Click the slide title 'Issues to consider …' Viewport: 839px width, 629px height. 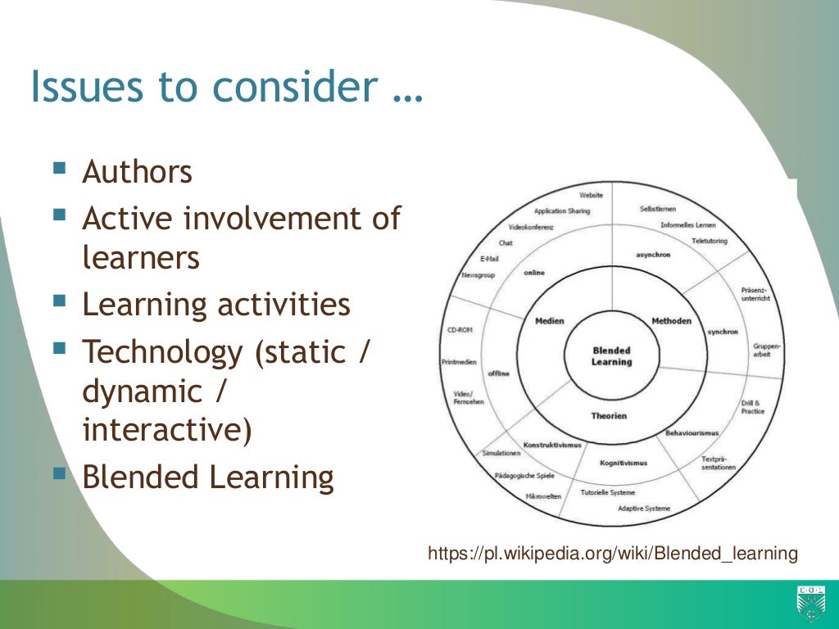click(227, 87)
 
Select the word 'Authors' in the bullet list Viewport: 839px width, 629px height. click(138, 173)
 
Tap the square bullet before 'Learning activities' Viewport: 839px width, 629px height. click(59, 301)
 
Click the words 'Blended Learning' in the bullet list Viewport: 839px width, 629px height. click(208, 477)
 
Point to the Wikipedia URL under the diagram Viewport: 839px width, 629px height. click(613, 554)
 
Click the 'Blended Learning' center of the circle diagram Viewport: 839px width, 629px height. click(611, 356)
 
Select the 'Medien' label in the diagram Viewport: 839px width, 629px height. click(550, 321)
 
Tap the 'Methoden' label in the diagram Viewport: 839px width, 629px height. click(671, 320)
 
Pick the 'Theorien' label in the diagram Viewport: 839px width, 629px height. click(609, 416)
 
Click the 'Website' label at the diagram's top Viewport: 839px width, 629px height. click(591, 195)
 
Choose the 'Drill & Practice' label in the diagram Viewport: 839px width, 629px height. click(753, 407)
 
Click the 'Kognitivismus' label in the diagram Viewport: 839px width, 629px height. click(623, 464)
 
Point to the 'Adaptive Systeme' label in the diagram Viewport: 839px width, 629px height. click(644, 509)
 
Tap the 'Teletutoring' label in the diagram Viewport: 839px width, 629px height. click(709, 241)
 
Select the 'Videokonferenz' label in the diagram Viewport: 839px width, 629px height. click(531, 226)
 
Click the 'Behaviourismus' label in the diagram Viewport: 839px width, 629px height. click(692, 432)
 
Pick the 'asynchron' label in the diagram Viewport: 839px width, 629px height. click(653, 255)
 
